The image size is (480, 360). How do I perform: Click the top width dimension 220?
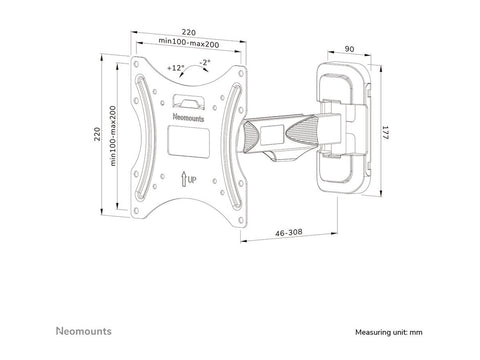[x=188, y=31]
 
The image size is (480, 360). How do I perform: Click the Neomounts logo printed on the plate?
[x=188, y=117]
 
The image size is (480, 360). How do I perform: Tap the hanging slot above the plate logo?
[x=187, y=101]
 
